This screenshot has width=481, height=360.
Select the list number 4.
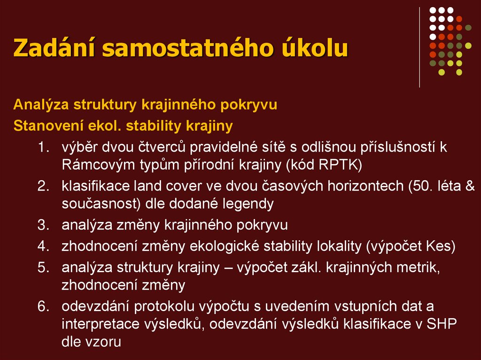coord(43,246)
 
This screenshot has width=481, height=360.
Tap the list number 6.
coord(43,307)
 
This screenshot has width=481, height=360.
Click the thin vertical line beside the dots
coord(419,47)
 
